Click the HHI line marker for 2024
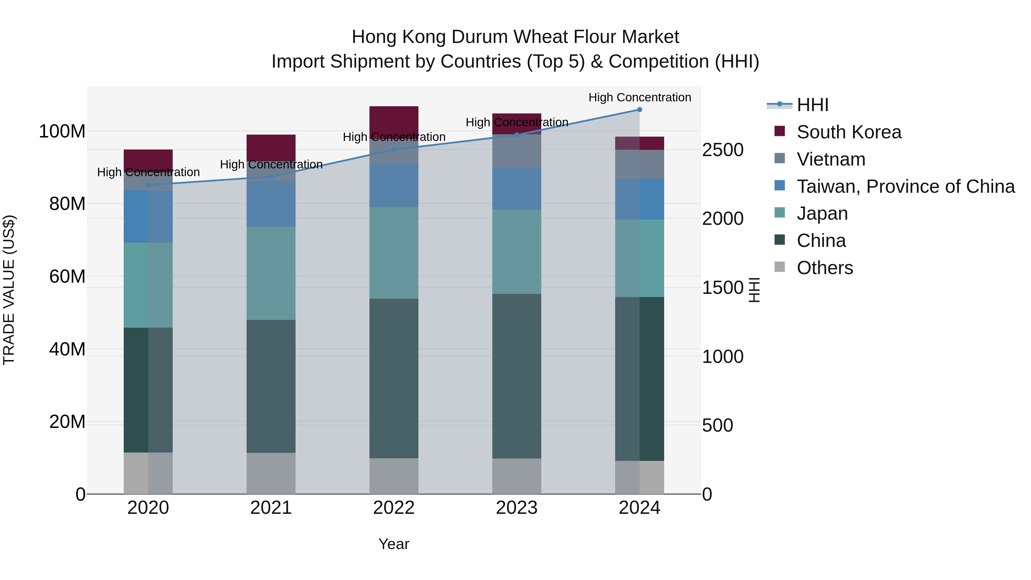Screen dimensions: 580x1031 tap(639, 110)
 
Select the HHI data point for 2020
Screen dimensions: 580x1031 tap(148, 185)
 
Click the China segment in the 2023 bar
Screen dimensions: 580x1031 tap(516, 376)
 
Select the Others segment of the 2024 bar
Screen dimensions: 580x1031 tap(639, 477)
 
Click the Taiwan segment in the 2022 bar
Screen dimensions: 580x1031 tap(393, 185)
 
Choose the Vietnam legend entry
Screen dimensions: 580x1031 tap(831, 159)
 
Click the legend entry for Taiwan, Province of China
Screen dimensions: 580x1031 tap(905, 186)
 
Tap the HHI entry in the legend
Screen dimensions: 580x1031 tap(812, 105)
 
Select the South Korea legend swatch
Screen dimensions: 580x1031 tap(780, 131)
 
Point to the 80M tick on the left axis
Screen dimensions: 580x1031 tap(67, 204)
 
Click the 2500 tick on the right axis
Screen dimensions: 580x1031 tap(723, 150)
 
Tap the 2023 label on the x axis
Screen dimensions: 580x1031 tap(516, 508)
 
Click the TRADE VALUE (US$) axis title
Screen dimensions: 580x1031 tap(9, 290)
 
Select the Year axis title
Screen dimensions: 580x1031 tap(393, 544)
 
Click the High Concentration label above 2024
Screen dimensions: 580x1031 tap(639, 97)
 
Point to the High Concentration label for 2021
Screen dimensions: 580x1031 tap(271, 164)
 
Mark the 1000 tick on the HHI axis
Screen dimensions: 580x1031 tap(723, 357)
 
